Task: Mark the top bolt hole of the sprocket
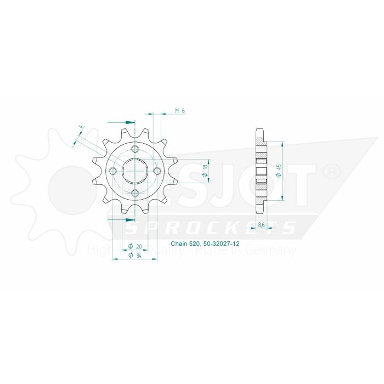[135, 150]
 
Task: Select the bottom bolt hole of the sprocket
[135, 193]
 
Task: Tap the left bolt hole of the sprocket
[114, 171]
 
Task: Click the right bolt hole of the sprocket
[157, 171]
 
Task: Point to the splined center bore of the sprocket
[135, 171]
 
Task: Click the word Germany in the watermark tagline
[274, 251]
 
